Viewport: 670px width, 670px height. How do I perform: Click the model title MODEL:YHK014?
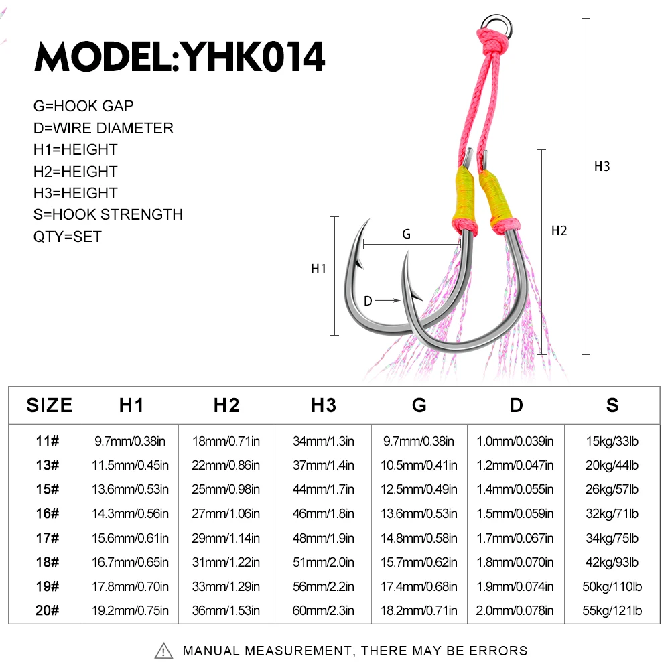180,56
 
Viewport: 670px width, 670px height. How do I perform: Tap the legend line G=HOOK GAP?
83,106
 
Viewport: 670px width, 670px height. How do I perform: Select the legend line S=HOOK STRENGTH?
108,214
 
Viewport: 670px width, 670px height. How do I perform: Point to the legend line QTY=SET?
68,237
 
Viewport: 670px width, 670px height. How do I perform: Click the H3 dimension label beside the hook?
602,166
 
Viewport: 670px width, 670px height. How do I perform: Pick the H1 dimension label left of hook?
318,269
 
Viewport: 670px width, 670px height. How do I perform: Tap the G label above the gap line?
407,234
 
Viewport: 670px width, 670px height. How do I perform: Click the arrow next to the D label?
387,300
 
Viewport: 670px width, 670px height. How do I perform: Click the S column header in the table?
612,405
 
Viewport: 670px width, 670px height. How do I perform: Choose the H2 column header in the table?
226,405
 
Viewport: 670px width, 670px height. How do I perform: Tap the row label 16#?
48,513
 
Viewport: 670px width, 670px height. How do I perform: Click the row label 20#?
48,610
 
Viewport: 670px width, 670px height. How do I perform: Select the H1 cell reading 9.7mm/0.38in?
130,441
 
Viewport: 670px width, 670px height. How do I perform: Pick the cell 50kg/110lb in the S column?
612,586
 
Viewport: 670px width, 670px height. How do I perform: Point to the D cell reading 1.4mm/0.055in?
515,489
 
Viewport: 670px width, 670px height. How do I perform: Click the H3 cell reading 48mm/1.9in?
324,538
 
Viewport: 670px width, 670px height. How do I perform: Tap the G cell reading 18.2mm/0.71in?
419,610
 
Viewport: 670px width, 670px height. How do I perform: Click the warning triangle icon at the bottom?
163,651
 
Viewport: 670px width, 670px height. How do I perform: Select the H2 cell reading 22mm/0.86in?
226,465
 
